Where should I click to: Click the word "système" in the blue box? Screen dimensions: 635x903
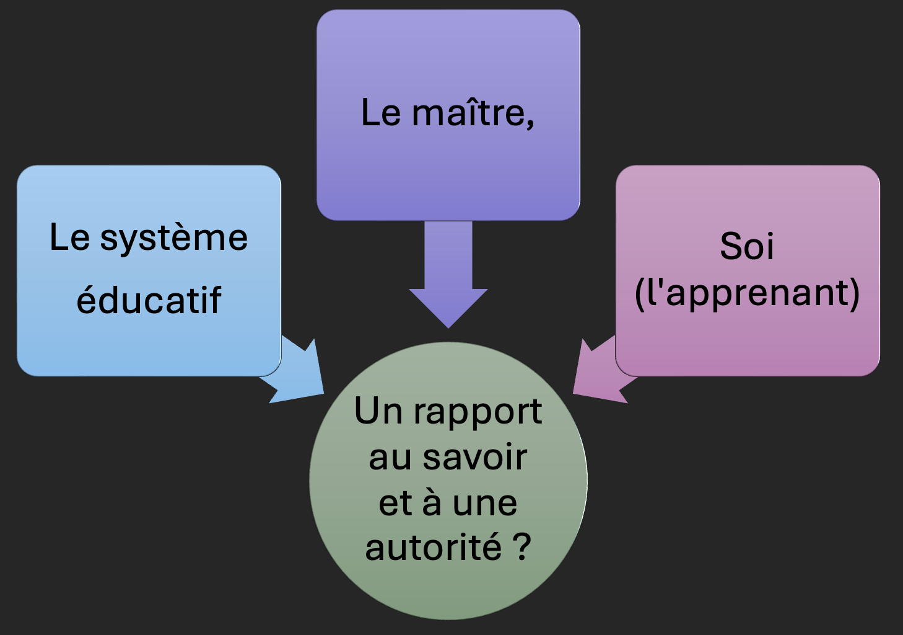[174, 239]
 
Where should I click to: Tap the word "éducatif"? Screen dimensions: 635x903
[149, 301]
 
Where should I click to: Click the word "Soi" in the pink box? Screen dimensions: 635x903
[747, 246]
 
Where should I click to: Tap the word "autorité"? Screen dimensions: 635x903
[433, 548]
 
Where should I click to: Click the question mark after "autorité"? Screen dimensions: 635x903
[522, 547]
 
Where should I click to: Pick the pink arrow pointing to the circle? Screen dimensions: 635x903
[597, 373]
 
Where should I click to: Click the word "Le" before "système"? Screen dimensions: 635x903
[69, 238]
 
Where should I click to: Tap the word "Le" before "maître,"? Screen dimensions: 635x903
[381, 113]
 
